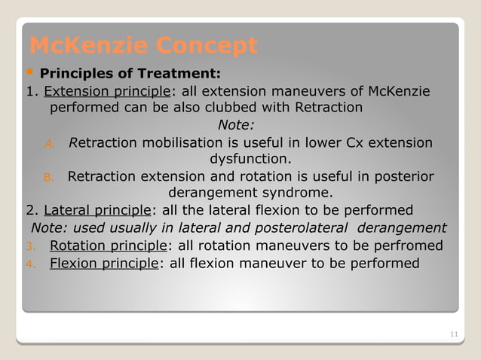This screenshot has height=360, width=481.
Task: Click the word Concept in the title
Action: click(x=207, y=47)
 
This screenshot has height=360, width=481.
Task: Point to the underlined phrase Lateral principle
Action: click(x=98, y=210)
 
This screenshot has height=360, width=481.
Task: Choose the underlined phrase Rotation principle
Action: click(x=109, y=246)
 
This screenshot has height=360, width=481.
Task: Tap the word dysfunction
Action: click(x=249, y=159)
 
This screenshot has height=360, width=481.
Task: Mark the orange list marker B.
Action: click(x=47, y=178)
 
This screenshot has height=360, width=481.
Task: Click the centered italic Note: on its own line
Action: click(x=236, y=125)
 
